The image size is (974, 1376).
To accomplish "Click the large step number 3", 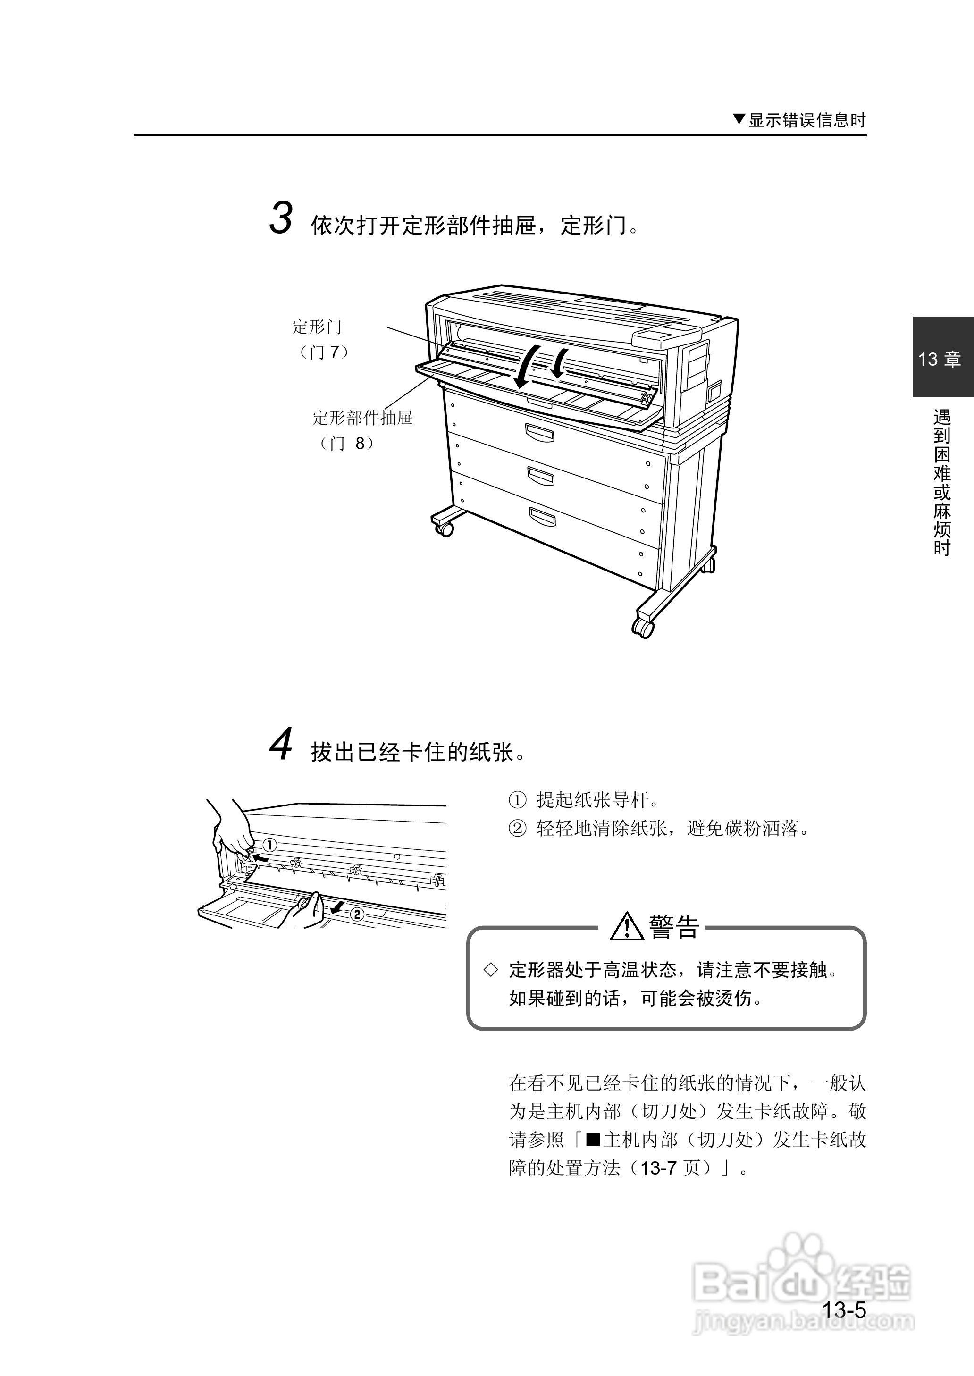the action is (x=281, y=218).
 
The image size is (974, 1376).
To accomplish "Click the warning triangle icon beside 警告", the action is (x=627, y=926).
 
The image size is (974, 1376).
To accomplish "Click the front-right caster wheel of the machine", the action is (x=642, y=627).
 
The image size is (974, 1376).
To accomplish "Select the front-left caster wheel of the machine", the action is (x=445, y=529).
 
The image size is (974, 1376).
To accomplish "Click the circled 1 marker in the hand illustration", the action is (x=269, y=846).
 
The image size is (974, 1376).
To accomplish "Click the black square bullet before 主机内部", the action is (x=593, y=1139).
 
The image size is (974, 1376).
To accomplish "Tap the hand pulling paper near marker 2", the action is (x=308, y=911).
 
